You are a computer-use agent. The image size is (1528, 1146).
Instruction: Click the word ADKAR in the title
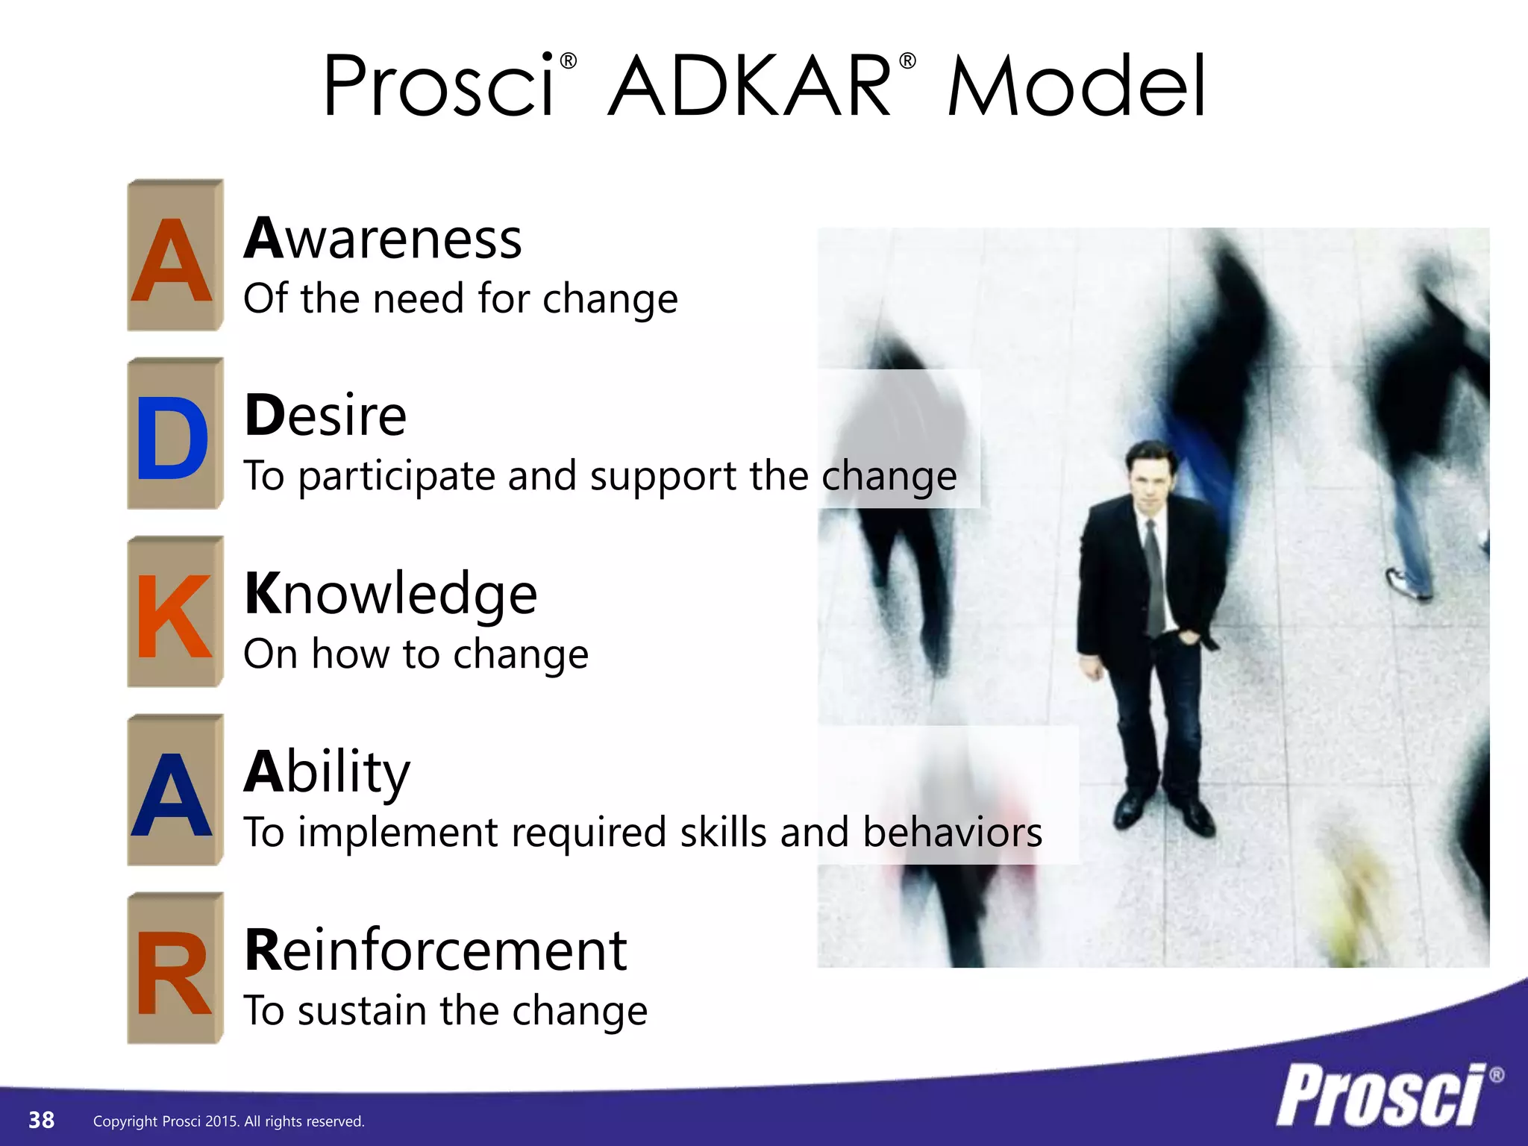[x=750, y=87]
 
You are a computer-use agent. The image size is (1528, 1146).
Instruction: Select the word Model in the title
[x=1077, y=87]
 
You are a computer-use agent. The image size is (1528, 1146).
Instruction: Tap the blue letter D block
[x=174, y=435]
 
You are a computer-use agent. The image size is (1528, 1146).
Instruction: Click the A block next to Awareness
[x=174, y=257]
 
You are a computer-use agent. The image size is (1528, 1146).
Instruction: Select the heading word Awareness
[x=383, y=239]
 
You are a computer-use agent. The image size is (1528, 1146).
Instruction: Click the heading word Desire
[x=325, y=416]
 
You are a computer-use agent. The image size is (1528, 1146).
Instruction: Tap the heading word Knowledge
[x=390, y=594]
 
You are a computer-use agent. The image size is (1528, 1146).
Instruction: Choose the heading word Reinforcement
[x=436, y=951]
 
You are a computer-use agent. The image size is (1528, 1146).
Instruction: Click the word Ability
[x=327, y=773]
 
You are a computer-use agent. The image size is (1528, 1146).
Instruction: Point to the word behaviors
[x=952, y=832]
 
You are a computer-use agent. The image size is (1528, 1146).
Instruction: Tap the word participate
[x=396, y=477]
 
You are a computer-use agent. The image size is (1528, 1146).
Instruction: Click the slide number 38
[x=41, y=1120]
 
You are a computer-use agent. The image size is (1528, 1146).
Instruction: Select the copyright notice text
[x=228, y=1121]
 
